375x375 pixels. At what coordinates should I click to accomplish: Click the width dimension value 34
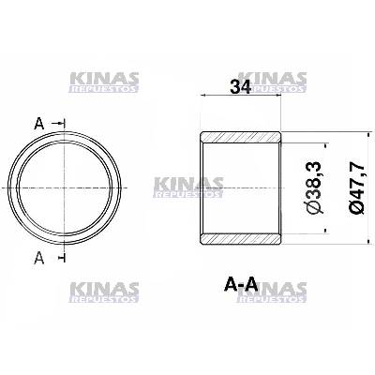tap(240, 86)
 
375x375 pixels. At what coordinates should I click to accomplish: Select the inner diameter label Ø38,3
tap(316, 187)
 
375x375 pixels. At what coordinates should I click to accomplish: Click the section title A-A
tap(241, 285)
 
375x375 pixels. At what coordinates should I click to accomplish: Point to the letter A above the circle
tap(39, 124)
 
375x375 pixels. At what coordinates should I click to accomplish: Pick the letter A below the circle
tap(39, 258)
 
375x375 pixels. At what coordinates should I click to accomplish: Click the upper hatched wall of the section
tap(241, 137)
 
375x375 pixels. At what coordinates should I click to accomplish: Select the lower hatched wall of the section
tap(241, 239)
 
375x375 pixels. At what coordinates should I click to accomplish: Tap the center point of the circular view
tap(64, 187)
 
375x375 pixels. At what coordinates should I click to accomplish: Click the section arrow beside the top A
tap(58, 124)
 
